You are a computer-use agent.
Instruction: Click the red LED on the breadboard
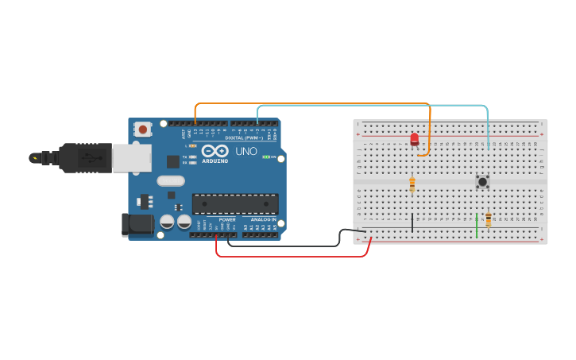point(414,140)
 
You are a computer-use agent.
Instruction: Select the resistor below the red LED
point(412,184)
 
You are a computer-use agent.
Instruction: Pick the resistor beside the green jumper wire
point(488,220)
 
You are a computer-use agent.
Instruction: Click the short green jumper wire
point(476,225)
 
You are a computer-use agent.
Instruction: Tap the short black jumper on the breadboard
point(412,223)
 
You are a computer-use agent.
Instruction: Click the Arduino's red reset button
point(143,129)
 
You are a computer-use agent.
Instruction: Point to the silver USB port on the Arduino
point(131,157)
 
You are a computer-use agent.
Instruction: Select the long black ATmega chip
point(235,203)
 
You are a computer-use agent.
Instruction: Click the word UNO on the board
point(246,151)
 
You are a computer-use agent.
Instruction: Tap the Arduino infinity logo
point(215,150)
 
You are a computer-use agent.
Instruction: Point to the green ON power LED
point(265,157)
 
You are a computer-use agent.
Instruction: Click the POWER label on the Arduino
point(227,219)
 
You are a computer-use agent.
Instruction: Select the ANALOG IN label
point(264,219)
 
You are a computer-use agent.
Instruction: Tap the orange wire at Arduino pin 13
point(195,120)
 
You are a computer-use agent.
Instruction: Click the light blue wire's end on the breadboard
point(488,147)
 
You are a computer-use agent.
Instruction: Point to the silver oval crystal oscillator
point(170,180)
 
